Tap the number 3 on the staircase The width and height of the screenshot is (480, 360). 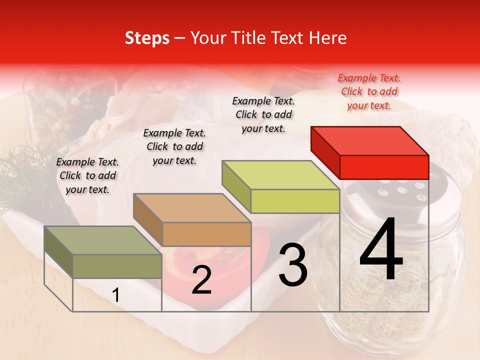tap(293, 264)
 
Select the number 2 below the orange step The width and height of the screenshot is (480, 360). tap(201, 280)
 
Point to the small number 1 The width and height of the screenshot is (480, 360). tap(116, 295)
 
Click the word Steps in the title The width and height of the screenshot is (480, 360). tap(147, 38)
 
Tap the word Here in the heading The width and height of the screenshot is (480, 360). tap(327, 38)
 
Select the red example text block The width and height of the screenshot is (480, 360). tap(369, 91)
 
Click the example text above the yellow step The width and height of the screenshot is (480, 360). tap(263, 114)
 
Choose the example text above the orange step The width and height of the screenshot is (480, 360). tap(174, 146)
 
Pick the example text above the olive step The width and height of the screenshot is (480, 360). tap(87, 175)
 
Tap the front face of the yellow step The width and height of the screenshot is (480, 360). tap(295, 201)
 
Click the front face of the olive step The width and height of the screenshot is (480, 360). tap(117, 266)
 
